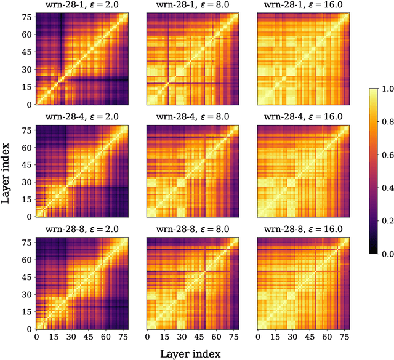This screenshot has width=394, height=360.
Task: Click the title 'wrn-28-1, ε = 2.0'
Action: tap(81, 6)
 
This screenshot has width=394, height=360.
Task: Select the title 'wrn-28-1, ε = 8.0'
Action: tap(192, 6)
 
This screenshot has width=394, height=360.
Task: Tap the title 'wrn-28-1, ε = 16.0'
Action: tap(303, 6)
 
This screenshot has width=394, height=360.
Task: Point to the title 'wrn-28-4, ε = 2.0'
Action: tap(81, 118)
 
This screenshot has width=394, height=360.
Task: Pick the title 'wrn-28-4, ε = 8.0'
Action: tap(192, 118)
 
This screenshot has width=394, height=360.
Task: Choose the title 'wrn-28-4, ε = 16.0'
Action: tap(303, 118)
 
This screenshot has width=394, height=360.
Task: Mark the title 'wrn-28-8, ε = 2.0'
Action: tap(81, 230)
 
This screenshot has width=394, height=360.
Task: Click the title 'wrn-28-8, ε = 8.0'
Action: tap(192, 230)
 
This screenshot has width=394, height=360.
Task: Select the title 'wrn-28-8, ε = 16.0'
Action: tap(303, 230)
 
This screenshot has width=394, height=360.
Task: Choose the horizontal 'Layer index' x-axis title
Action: tap(190, 353)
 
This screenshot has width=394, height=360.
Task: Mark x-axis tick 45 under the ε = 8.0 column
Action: tap(200, 337)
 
